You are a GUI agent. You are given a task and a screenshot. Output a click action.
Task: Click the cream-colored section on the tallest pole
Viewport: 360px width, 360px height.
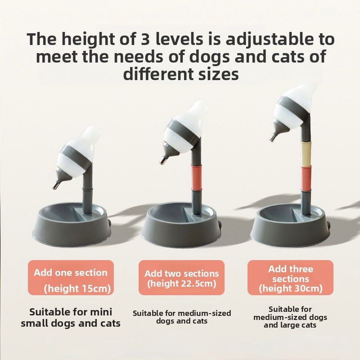[306, 153]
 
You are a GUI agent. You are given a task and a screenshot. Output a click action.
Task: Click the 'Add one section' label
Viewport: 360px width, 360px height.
[71, 273]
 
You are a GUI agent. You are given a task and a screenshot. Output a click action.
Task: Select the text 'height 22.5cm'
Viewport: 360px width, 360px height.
[181, 283]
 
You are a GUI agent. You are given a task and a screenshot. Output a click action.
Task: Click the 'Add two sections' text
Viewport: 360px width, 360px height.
[181, 274]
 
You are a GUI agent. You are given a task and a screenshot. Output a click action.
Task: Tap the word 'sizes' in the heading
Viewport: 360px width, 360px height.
[214, 73]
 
